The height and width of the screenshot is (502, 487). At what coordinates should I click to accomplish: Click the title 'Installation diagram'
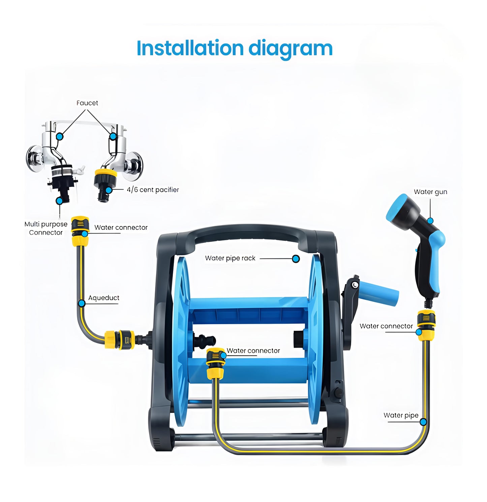235,49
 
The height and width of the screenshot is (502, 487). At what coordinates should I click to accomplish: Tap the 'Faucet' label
87,103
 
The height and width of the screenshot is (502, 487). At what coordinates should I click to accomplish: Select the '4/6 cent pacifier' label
153,190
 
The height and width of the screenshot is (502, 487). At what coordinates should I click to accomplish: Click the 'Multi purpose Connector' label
46,228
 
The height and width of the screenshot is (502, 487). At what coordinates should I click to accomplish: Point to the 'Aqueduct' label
104,298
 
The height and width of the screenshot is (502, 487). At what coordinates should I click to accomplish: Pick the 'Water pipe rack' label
230,258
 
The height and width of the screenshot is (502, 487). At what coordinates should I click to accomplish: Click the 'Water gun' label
430,192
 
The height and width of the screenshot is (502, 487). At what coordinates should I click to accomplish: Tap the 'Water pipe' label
401,415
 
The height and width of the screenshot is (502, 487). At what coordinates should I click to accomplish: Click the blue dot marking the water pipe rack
296,259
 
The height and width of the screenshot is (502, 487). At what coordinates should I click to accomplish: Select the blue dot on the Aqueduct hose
82,304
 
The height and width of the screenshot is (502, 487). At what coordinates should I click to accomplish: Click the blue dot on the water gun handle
430,221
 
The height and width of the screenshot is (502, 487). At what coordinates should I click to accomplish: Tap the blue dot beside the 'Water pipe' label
423,422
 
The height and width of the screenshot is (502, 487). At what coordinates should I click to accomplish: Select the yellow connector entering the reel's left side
119,339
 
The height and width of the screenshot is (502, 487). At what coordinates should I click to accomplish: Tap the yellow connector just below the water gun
426,325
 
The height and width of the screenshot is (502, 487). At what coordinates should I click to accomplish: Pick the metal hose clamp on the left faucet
62,170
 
